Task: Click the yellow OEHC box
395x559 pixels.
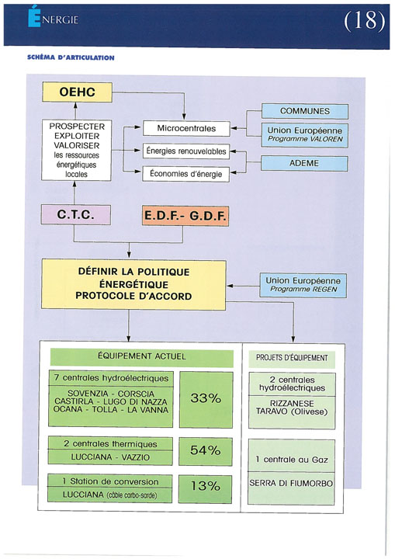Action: (77, 92)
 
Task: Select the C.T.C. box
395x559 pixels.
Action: (75, 214)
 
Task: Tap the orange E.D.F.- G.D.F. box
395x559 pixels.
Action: (185, 216)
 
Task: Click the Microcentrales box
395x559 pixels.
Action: (186, 128)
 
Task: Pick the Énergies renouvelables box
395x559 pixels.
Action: (186, 151)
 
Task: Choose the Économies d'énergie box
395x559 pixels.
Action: (185, 174)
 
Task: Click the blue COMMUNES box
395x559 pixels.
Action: (305, 111)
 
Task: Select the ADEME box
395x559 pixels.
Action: (304, 163)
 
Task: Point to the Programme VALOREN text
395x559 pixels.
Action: (305, 139)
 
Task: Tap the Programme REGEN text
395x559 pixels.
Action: (303, 289)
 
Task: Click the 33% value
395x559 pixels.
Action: (206, 398)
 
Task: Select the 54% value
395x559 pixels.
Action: (206, 450)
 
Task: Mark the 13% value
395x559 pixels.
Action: (205, 486)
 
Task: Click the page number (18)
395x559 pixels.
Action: (364, 20)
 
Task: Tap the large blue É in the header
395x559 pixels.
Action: (34, 17)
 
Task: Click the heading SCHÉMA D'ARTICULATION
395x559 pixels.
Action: (71, 57)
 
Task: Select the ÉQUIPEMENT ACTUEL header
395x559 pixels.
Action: (142, 356)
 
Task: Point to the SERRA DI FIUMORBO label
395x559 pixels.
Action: (291, 484)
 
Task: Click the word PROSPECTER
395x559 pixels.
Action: (77, 127)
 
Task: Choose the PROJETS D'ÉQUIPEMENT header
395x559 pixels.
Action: (292, 358)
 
